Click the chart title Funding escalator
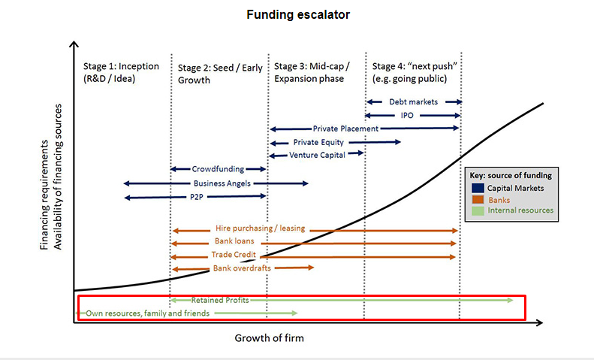(x=298, y=15)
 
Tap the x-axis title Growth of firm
(x=270, y=338)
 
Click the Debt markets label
(x=413, y=102)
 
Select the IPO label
(x=407, y=116)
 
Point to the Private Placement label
(x=345, y=129)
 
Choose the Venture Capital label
(x=317, y=156)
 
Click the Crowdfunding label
(x=218, y=169)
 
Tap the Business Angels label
(x=222, y=183)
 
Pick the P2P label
(x=197, y=197)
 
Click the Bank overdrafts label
(x=242, y=268)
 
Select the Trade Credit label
(x=234, y=255)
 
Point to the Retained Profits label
(x=220, y=300)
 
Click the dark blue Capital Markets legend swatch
(x=478, y=188)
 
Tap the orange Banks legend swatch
(x=478, y=199)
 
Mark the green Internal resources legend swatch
(x=478, y=210)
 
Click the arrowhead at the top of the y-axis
(x=74, y=44)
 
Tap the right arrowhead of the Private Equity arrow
(x=398, y=142)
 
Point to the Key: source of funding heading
(x=511, y=175)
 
